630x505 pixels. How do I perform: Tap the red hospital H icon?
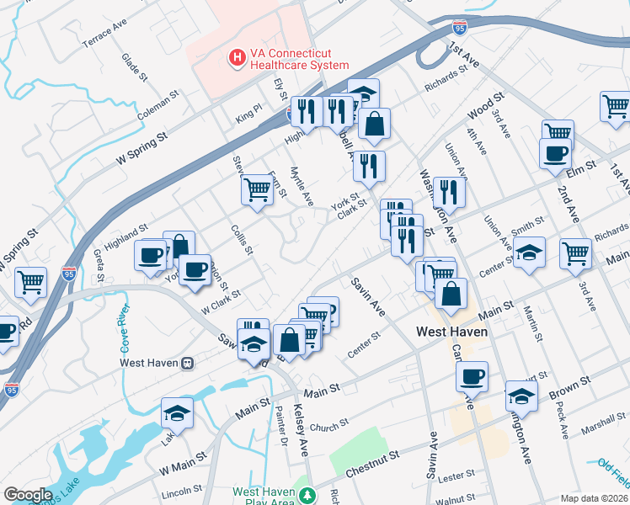point(238,58)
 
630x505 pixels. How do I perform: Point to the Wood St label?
point(485,109)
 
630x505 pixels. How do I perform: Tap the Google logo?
point(27,495)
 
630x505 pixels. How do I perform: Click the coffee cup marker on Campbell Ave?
point(472,375)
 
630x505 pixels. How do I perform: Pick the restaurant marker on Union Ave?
point(450,192)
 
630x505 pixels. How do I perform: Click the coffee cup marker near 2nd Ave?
point(555,153)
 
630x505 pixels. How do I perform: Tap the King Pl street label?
point(249,111)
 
